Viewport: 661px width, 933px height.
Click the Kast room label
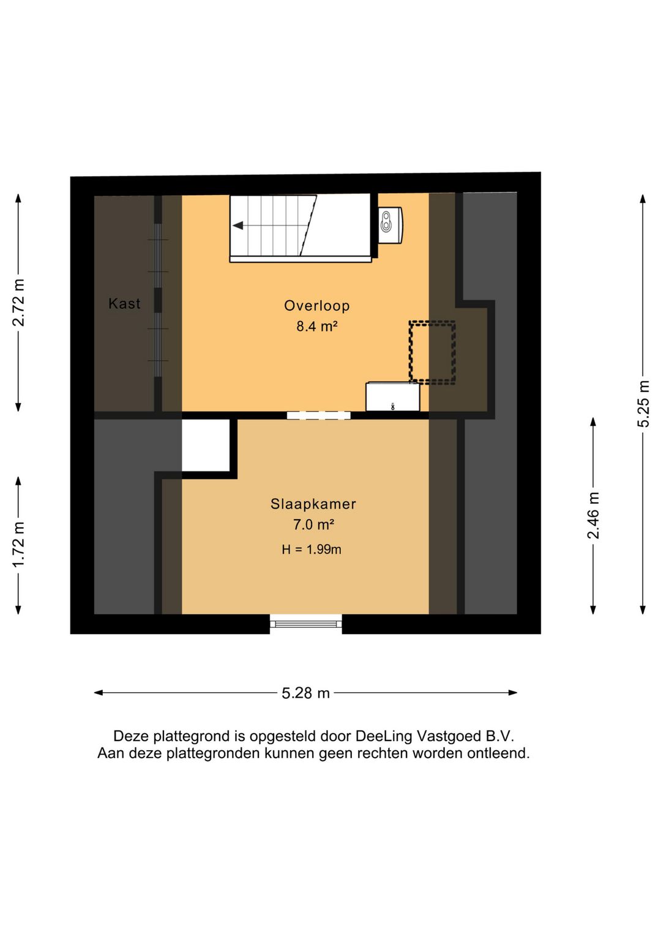124,304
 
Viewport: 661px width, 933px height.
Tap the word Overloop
317,306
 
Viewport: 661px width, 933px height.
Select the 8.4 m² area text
317,326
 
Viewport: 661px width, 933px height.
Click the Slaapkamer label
313,504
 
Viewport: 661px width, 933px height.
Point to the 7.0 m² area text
313,525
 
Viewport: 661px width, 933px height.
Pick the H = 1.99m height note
312,550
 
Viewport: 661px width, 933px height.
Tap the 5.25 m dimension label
643,404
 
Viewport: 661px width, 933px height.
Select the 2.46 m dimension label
593,515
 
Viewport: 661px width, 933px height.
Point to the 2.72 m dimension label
18,303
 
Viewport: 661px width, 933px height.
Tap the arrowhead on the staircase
237,226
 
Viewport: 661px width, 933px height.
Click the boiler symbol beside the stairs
390,225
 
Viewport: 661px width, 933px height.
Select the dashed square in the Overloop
432,352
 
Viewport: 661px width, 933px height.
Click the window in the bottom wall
305,624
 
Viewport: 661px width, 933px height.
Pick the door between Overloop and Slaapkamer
319,415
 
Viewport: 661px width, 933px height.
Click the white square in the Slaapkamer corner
206,445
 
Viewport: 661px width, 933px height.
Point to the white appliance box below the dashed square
393,397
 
